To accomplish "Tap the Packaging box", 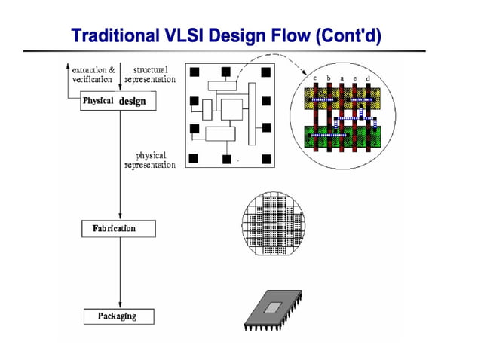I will [118, 316].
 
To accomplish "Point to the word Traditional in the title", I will [112, 35].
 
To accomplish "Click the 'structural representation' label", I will [149, 74].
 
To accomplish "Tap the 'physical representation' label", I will [149, 160].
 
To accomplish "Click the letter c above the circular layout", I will [315, 78].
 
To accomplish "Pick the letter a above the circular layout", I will [342, 78].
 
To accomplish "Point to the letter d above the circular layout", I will [367, 80].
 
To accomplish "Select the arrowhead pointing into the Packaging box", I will [119, 305].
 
